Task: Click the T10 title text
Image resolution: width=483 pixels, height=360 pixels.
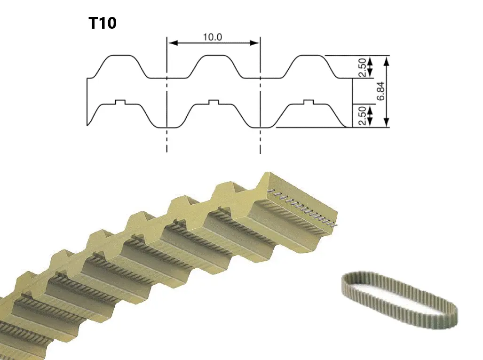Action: (x=103, y=23)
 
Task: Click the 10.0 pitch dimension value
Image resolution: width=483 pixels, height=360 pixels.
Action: (x=212, y=37)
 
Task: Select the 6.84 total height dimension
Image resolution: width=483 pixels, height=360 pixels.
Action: (x=380, y=91)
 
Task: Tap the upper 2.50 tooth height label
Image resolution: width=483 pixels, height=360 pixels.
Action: (x=363, y=67)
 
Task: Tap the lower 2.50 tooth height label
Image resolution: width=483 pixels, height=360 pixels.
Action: (x=363, y=116)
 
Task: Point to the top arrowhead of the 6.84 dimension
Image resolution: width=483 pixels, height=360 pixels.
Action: (x=387, y=61)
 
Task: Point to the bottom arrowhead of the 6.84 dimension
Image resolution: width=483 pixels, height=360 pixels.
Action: (x=387, y=122)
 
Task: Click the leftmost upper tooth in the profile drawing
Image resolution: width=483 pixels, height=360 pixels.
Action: (x=121, y=66)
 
